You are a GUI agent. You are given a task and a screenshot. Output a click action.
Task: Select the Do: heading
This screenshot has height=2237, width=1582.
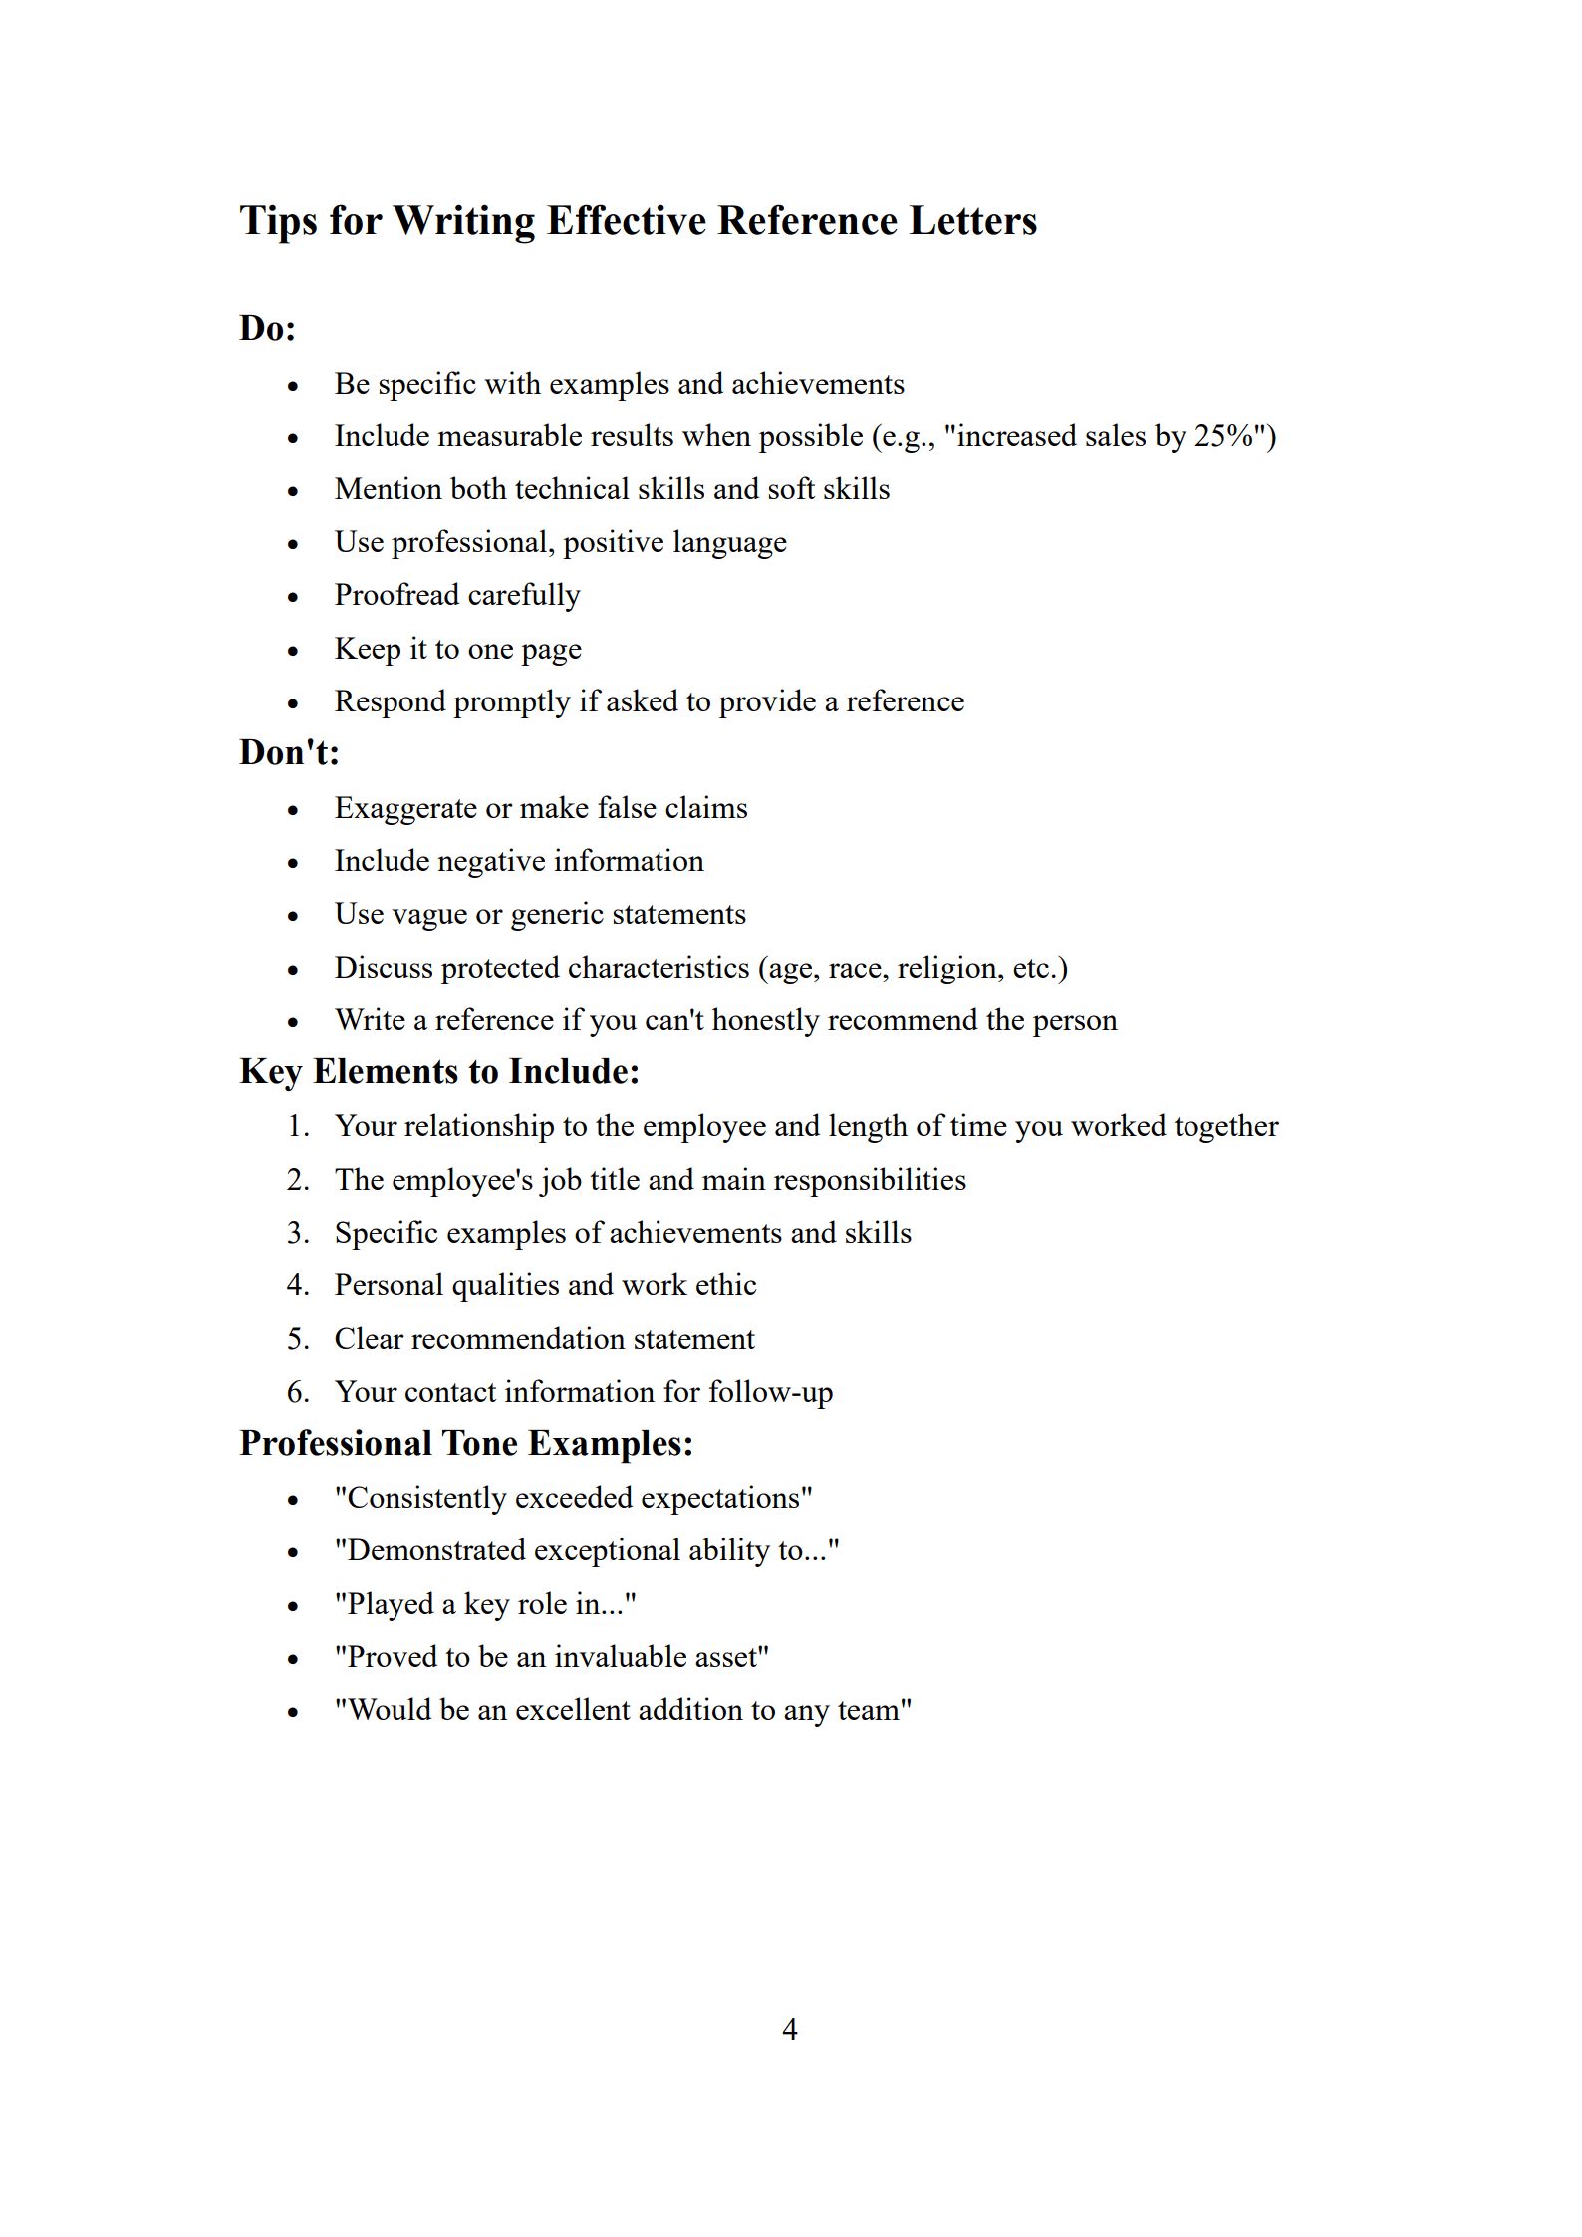tap(268, 328)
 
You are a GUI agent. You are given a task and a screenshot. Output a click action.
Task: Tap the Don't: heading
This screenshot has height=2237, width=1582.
tap(289, 752)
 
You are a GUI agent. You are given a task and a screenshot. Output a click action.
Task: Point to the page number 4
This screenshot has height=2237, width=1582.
tap(790, 2029)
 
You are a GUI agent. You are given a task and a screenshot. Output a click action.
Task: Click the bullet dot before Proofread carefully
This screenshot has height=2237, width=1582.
tap(293, 598)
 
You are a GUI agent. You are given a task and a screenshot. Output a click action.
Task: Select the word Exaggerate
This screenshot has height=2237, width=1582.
tap(405, 808)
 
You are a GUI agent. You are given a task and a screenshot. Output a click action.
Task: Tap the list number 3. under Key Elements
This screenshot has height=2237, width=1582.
tap(298, 1233)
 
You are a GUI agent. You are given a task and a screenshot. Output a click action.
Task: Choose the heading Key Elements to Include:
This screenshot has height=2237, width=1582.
tap(439, 1071)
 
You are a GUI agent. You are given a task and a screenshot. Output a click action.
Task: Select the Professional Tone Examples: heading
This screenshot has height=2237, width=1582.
tap(466, 1443)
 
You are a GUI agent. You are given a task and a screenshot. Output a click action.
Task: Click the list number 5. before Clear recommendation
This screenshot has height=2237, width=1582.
tap(298, 1339)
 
